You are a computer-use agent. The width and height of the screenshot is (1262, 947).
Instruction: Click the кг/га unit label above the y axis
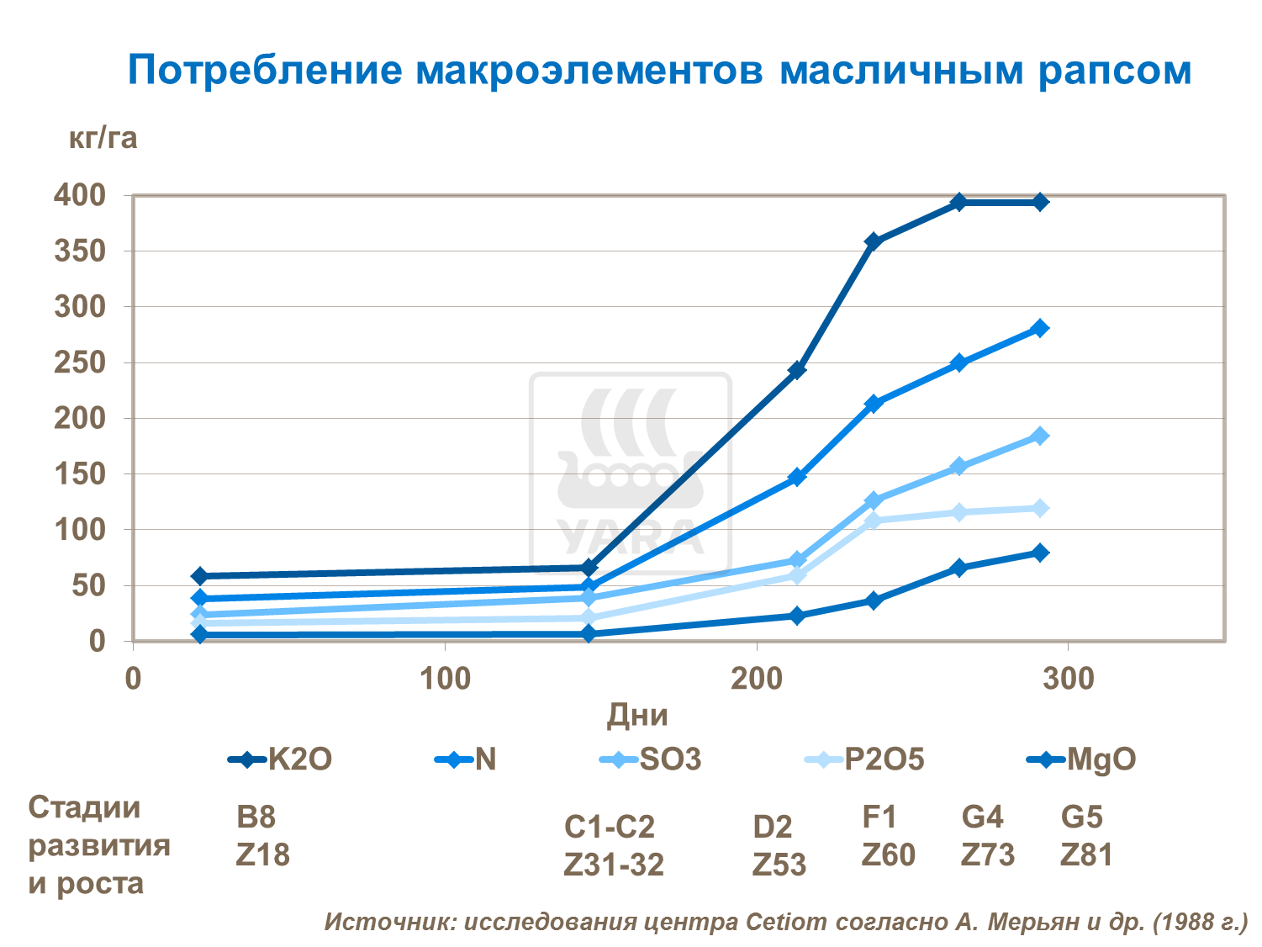click(103, 137)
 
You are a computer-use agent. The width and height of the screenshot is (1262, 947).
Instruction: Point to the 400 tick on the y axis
click(80, 195)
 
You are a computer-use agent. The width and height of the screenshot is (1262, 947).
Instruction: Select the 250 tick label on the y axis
click(80, 362)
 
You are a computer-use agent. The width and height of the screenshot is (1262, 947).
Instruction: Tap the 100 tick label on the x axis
click(445, 679)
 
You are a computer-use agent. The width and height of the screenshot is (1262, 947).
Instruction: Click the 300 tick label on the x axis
click(1068, 679)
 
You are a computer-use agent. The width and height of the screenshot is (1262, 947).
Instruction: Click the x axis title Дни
click(637, 716)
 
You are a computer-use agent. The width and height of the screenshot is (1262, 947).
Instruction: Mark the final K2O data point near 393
click(1040, 202)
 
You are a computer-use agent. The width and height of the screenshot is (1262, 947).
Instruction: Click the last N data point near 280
click(1040, 328)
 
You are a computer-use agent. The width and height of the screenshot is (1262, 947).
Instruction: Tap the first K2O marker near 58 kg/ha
click(199, 576)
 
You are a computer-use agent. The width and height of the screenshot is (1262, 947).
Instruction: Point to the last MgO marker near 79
click(1040, 553)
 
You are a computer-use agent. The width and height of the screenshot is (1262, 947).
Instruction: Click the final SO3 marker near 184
click(1040, 436)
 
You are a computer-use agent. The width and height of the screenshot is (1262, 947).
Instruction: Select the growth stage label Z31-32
click(614, 865)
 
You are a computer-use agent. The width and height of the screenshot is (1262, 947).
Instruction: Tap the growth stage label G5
click(1081, 817)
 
